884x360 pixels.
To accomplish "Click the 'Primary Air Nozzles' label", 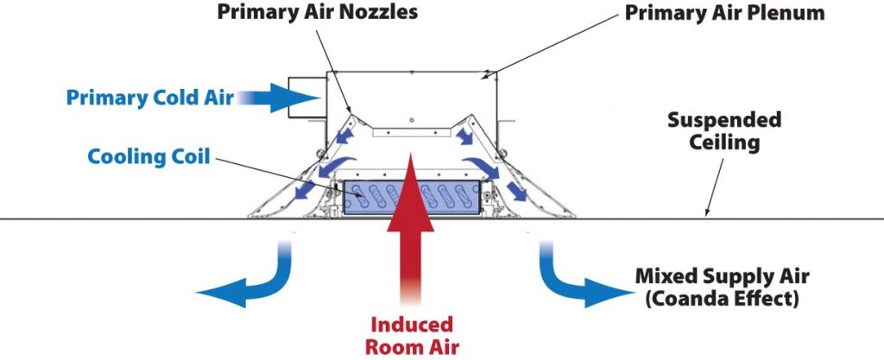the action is pyautogui.click(x=318, y=12).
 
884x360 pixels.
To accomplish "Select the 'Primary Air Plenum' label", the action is pyautogui.click(x=724, y=12).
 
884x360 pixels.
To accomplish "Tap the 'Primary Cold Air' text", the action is pyautogui.click(x=150, y=98).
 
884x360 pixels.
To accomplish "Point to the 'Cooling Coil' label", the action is pyautogui.click(x=148, y=156).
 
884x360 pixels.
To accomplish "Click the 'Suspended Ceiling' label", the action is pyautogui.click(x=724, y=131).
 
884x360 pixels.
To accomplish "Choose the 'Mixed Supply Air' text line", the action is pyautogui.click(x=723, y=276).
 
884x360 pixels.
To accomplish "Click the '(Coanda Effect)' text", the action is pyautogui.click(x=723, y=299).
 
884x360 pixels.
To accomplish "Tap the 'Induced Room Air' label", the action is pyautogui.click(x=412, y=336).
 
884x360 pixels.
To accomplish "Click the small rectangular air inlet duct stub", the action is pyautogui.click(x=307, y=98).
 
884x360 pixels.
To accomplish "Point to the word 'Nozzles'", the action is pyautogui.click(x=378, y=12).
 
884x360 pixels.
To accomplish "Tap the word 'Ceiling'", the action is pyautogui.click(x=724, y=142).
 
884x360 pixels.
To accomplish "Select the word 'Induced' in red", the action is pyautogui.click(x=412, y=325).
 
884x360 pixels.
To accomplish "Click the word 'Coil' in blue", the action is pyautogui.click(x=191, y=156).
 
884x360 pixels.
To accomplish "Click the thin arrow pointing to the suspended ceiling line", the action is pyautogui.click(x=715, y=187).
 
